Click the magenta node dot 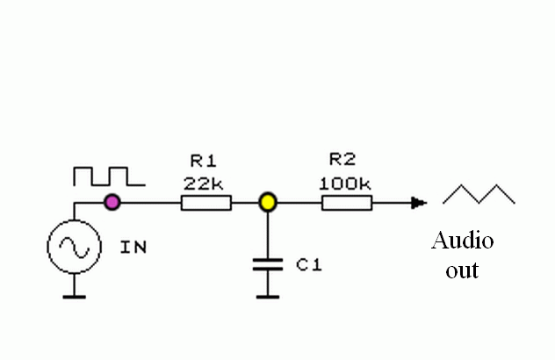[112, 203]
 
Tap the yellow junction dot [268, 203]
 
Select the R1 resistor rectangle [206, 203]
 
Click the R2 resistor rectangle [347, 203]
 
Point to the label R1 [204, 161]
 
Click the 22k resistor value [203, 184]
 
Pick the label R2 [342, 159]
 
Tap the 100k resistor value [345, 184]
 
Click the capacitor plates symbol [268, 264]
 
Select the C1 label [309, 265]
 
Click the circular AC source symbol [75, 247]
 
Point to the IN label [133, 247]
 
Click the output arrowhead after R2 [419, 203]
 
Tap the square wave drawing [109, 176]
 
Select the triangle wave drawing [479, 194]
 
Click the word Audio [462, 241]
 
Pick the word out [462, 270]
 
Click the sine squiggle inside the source [75, 247]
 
